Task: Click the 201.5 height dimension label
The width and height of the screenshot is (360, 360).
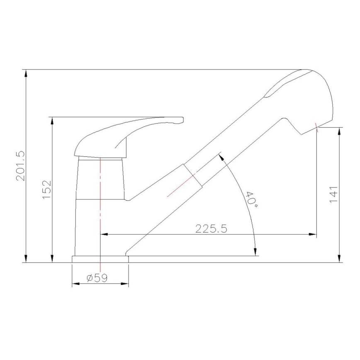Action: point(21,166)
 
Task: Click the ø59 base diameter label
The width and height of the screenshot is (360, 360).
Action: point(97,278)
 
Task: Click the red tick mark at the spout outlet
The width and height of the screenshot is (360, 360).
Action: point(317,126)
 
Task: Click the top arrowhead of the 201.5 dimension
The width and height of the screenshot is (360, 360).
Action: point(26,73)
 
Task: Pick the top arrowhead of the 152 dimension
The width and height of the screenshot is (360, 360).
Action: point(52,120)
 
